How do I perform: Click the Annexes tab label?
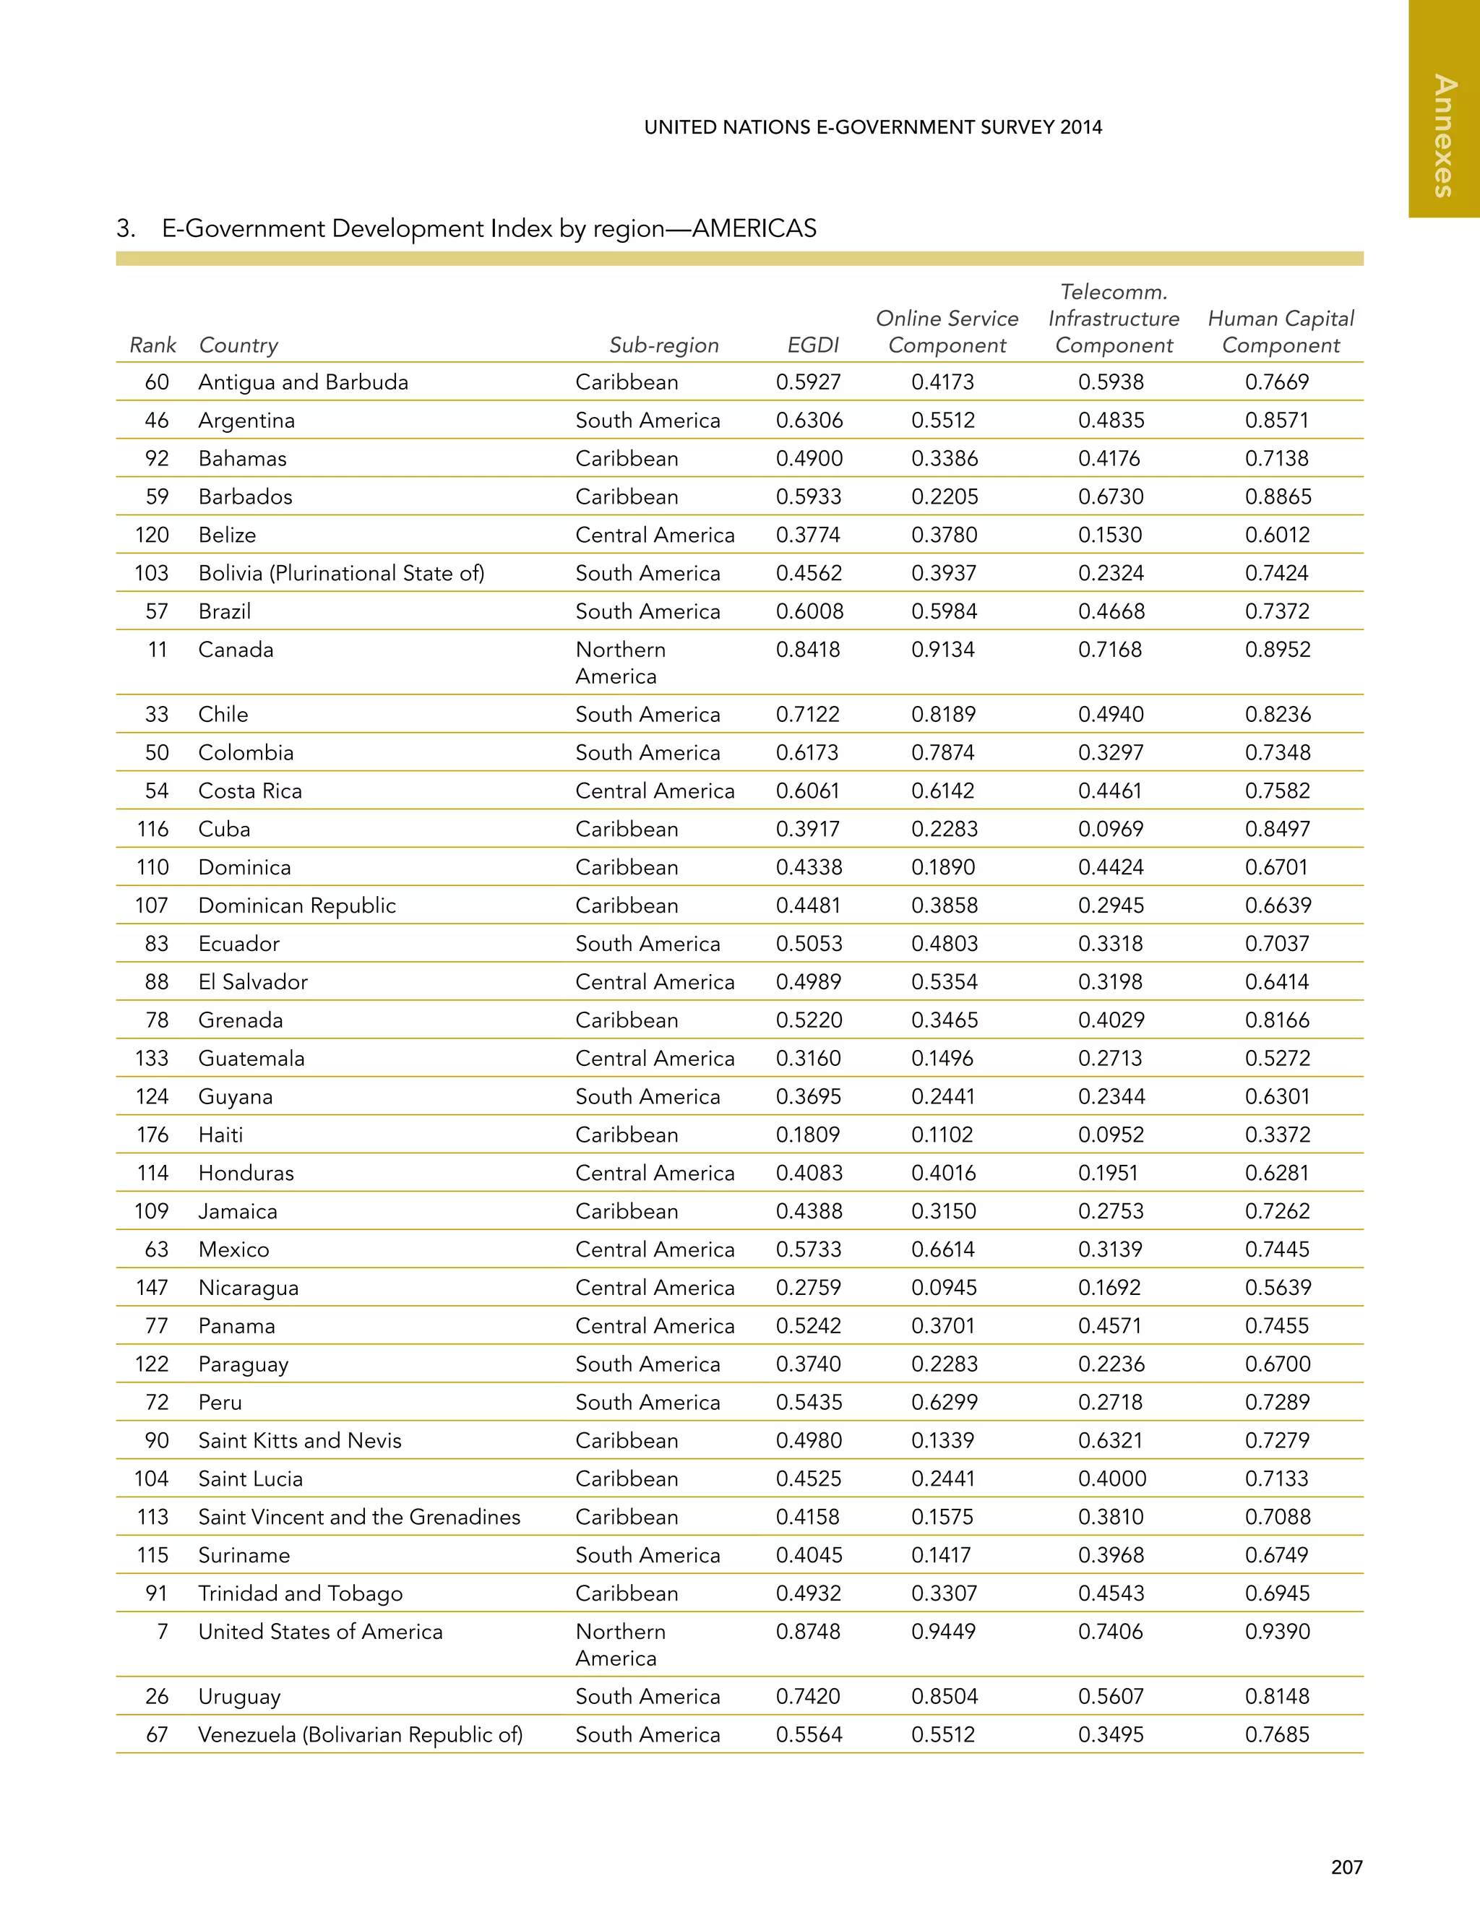[x=1444, y=136]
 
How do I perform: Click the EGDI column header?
[x=813, y=345]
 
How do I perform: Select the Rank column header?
[x=152, y=345]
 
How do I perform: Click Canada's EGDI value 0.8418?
[x=807, y=650]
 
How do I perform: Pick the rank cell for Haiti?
[x=152, y=1135]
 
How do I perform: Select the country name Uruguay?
[x=239, y=1697]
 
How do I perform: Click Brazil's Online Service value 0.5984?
[x=943, y=611]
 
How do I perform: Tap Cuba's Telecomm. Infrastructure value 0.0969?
[x=1110, y=829]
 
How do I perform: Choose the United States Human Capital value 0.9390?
[x=1278, y=1632]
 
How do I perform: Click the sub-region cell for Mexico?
[x=654, y=1249]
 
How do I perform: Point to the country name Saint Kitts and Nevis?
[x=300, y=1441]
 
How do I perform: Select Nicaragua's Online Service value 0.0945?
[x=943, y=1288]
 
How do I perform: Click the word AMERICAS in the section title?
[x=754, y=229]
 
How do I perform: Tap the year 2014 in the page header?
[x=1080, y=127]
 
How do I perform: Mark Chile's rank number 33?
[x=157, y=715]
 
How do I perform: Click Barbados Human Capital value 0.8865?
[x=1278, y=497]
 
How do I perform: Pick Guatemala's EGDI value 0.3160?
[x=807, y=1059]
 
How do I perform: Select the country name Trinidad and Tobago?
[x=300, y=1593]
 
